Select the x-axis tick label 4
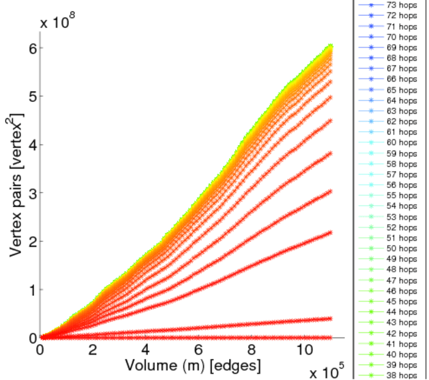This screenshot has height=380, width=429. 146,350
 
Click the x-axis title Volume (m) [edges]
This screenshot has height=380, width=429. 192,365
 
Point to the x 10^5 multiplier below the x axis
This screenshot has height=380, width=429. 328,372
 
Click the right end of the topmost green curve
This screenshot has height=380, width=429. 331,46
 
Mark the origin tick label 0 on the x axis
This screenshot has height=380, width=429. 41,350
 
